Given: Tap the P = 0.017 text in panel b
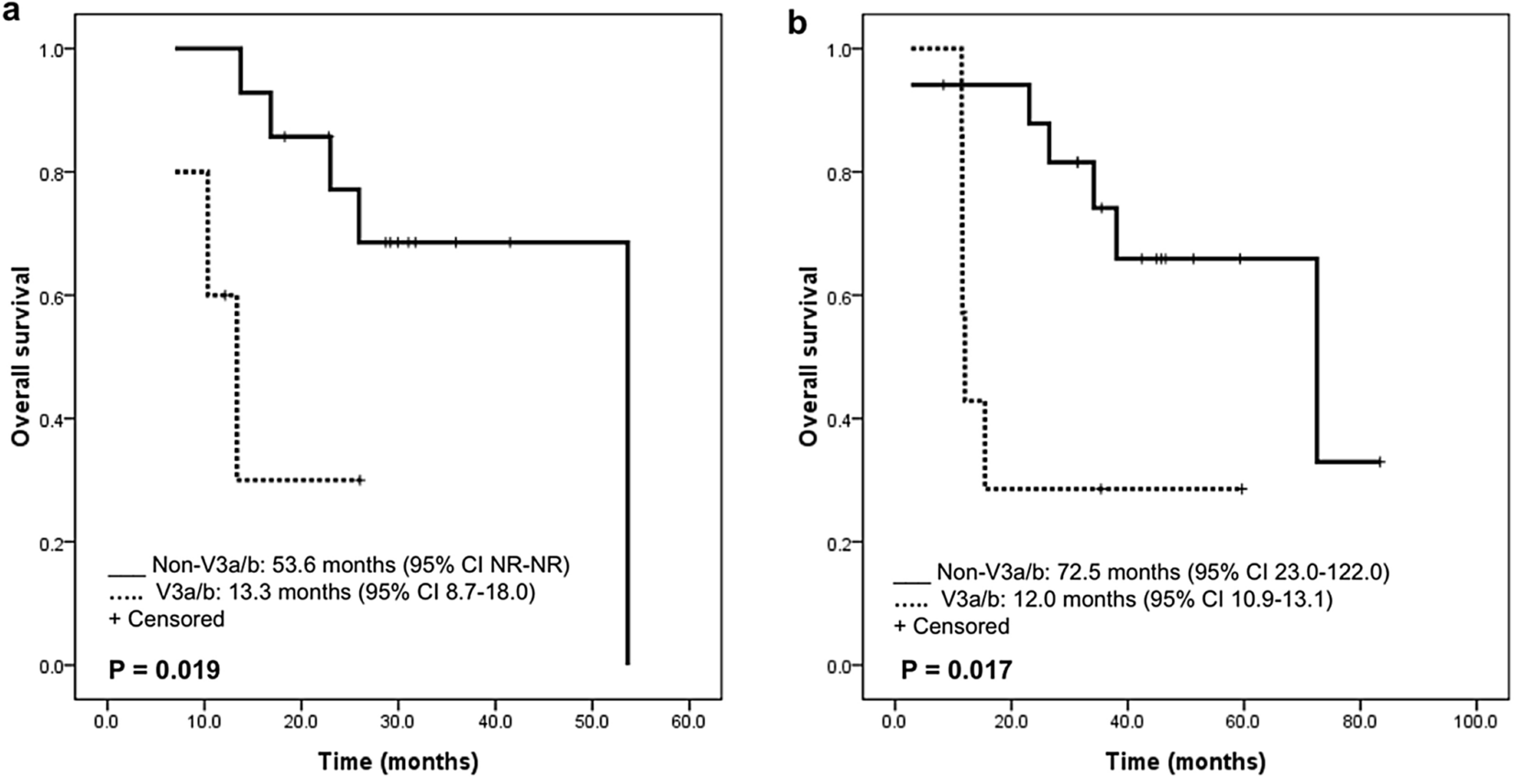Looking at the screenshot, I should tap(956, 671).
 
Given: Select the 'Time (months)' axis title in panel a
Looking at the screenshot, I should tap(398, 762).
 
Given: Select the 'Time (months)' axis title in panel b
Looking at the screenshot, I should tap(1185, 762).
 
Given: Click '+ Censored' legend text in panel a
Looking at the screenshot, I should tap(166, 619).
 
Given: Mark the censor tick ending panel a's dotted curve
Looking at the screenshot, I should tap(360, 480).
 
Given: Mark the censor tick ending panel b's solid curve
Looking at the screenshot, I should tap(1379, 462).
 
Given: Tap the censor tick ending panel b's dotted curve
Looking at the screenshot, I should tap(1242, 489).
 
